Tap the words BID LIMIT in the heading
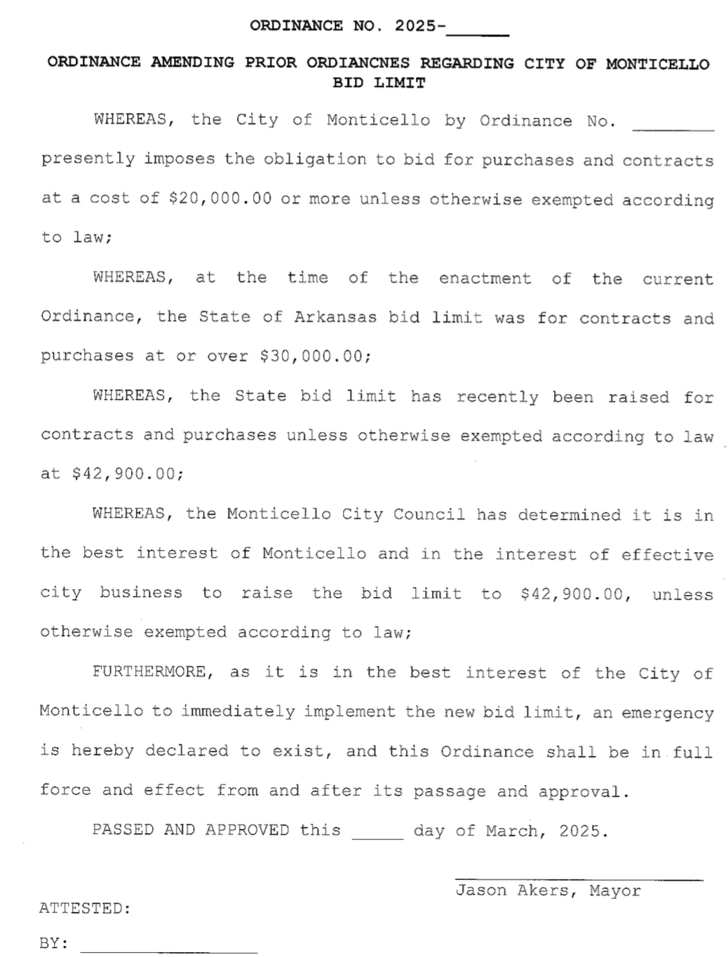tap(379, 83)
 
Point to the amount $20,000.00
tap(220, 199)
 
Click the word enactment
tap(485, 279)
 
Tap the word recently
tap(497, 396)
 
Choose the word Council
tap(429, 514)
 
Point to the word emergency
tap(667, 713)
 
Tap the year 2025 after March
tap(579, 831)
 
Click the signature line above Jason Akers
tap(578, 878)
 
